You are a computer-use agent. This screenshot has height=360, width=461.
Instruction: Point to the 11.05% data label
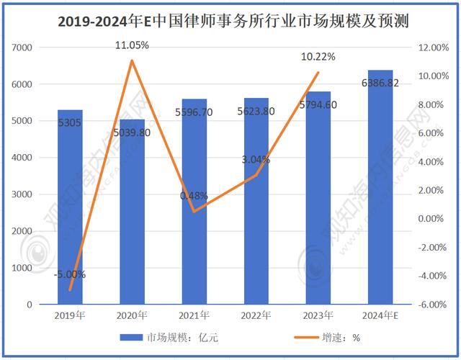click(x=132, y=45)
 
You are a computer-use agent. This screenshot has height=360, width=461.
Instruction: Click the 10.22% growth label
click(x=318, y=57)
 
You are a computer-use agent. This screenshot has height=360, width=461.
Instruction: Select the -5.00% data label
click(x=70, y=274)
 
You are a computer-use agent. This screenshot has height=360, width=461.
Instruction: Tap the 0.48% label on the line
click(x=194, y=195)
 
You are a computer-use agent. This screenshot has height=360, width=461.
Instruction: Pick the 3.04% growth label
click(x=256, y=160)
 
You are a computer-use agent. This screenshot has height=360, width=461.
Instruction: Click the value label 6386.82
click(x=380, y=84)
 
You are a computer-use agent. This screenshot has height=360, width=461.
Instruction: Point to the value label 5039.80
click(x=132, y=132)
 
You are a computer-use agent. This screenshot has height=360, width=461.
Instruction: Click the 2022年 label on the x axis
click(x=256, y=315)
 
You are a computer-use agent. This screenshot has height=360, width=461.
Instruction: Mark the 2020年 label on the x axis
click(x=132, y=315)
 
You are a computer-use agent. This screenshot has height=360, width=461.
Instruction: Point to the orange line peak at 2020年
click(x=132, y=60)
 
